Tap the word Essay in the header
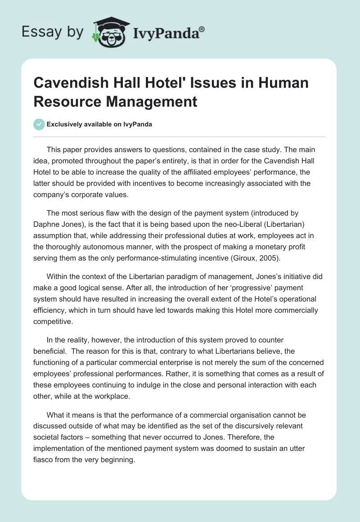click(x=40, y=32)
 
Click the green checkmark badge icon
click(x=40, y=125)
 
